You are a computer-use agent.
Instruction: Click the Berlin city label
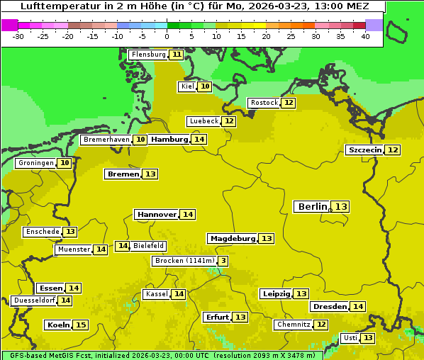(313, 206)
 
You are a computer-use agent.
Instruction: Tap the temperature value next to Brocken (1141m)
(223, 261)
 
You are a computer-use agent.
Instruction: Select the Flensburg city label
(148, 55)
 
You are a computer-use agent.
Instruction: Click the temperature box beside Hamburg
(199, 140)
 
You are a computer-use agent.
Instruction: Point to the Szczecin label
(364, 150)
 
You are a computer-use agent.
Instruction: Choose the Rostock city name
(264, 103)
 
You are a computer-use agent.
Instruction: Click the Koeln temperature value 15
(81, 325)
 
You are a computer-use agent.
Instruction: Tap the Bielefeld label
(148, 246)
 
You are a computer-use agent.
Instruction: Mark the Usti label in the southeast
(350, 338)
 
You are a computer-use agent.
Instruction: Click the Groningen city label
(35, 163)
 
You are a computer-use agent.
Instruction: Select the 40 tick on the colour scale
(365, 36)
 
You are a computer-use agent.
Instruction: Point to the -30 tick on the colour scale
(18, 36)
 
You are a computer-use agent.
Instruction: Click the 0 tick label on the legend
(167, 36)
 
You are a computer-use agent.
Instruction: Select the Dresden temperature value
(358, 307)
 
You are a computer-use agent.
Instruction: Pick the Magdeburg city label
(232, 239)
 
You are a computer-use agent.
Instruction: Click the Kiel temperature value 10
(205, 86)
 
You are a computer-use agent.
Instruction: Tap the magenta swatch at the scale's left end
(9, 25)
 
